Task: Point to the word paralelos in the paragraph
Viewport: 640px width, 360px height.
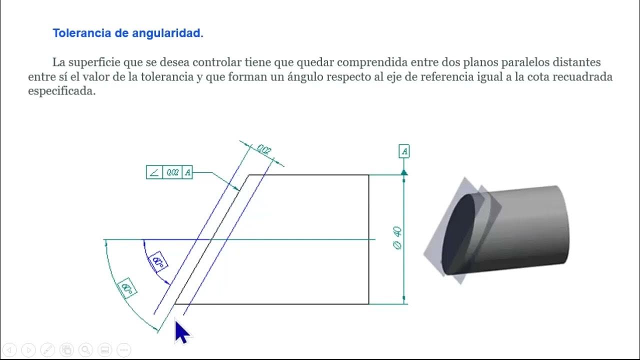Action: point(520,63)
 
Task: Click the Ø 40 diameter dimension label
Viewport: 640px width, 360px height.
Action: point(398,238)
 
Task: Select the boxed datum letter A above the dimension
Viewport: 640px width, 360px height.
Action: point(404,151)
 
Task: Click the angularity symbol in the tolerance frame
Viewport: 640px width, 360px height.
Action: point(154,173)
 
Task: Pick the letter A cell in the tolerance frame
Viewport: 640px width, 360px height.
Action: point(187,173)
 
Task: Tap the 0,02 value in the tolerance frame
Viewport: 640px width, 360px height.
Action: point(172,173)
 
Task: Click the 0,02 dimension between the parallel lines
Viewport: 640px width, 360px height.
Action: point(264,149)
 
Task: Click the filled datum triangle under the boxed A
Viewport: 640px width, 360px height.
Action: point(404,172)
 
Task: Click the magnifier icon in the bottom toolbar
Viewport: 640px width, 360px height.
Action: point(85,349)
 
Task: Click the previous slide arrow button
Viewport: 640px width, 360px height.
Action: point(10,349)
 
